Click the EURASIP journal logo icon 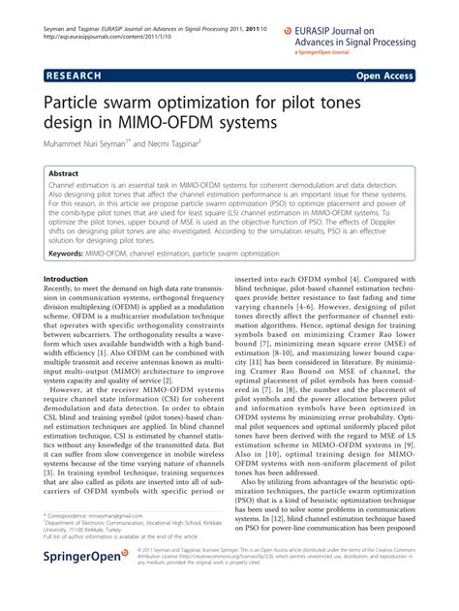pos(288,32)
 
